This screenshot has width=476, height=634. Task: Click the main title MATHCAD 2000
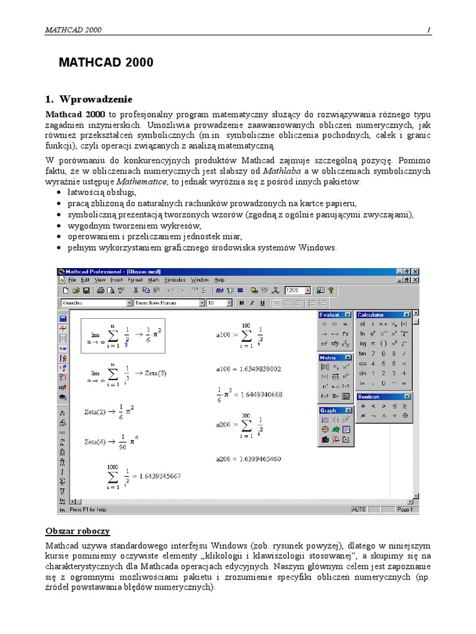tap(106, 63)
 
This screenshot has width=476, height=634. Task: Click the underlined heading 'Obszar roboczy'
tap(77, 531)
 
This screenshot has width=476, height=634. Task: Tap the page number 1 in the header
tap(428, 30)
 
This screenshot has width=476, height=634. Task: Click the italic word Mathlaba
tap(282, 170)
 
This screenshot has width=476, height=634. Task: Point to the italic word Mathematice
tap(142, 181)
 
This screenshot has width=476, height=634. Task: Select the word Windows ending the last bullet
tap(318, 248)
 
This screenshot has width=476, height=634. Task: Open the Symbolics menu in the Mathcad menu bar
tap(175, 280)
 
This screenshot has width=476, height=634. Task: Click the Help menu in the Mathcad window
tap(219, 280)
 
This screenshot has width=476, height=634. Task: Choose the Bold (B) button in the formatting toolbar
tap(242, 303)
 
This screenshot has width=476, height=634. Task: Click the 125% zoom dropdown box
tap(297, 290)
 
